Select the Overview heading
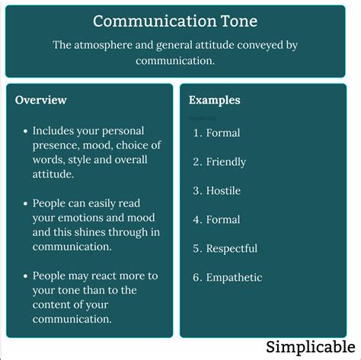point(41,100)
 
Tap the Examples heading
point(215,100)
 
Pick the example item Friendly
point(226,161)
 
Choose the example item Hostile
point(223,190)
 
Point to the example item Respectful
point(232,248)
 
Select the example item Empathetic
point(234,277)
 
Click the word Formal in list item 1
point(222,132)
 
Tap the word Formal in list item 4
point(222,219)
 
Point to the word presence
point(58,145)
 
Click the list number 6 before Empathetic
point(196,277)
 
